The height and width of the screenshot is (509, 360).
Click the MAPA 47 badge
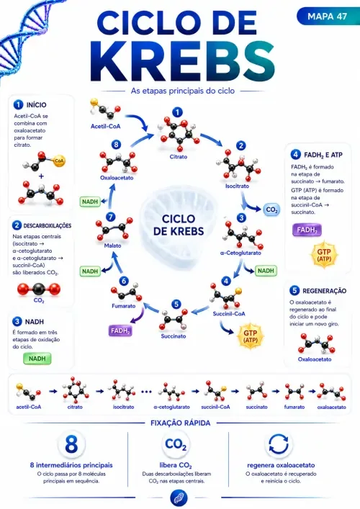pyautogui.click(x=328, y=17)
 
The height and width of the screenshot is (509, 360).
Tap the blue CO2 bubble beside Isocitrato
pyautogui.click(x=271, y=210)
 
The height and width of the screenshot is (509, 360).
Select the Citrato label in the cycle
pyautogui.click(x=179, y=157)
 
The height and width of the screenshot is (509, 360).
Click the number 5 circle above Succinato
pyautogui.click(x=176, y=304)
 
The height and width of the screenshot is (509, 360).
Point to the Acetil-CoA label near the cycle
pyautogui.click(x=106, y=126)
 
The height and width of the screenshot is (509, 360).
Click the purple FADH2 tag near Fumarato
pyautogui.click(x=120, y=330)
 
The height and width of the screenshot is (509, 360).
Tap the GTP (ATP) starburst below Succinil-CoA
pyautogui.click(x=251, y=337)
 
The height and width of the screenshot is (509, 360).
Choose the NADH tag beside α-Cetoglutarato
pyautogui.click(x=266, y=271)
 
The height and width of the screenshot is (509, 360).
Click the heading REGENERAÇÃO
pyautogui.click(x=324, y=291)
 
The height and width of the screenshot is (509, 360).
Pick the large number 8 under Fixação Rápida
pyautogui.click(x=71, y=444)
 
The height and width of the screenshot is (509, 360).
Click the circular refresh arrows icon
pyautogui.click(x=279, y=444)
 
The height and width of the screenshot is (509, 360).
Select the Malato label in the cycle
pyautogui.click(x=112, y=246)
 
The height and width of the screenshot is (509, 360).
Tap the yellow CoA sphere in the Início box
pyautogui.click(x=59, y=161)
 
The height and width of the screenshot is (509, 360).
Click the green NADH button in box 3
pyautogui.click(x=37, y=359)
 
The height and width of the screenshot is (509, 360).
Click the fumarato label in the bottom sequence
pyautogui.click(x=294, y=407)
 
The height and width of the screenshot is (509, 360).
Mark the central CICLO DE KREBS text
pyautogui.click(x=179, y=225)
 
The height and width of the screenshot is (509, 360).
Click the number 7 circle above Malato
pyautogui.click(x=111, y=217)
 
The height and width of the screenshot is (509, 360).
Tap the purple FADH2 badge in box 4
pyautogui.click(x=307, y=230)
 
